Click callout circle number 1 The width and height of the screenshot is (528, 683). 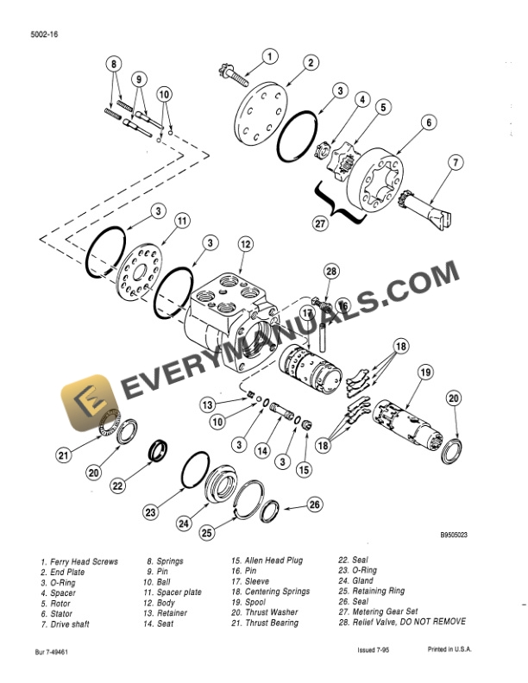coord(269,57)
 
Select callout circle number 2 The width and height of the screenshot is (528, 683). coord(311,62)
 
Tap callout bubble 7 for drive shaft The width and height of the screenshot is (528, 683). coord(456,161)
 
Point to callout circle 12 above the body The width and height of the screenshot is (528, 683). coord(246,245)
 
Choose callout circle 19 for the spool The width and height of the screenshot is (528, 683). coord(424,373)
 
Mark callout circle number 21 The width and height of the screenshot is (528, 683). coord(63,456)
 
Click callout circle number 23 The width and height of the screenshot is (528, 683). coord(152,512)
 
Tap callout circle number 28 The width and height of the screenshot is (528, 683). coord(331,273)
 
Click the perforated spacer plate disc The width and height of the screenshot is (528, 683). coord(138,273)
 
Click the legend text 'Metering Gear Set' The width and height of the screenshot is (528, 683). coord(383,612)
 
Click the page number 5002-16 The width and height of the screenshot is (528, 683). coord(43,34)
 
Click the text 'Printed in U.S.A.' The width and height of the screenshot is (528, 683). coord(456,654)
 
